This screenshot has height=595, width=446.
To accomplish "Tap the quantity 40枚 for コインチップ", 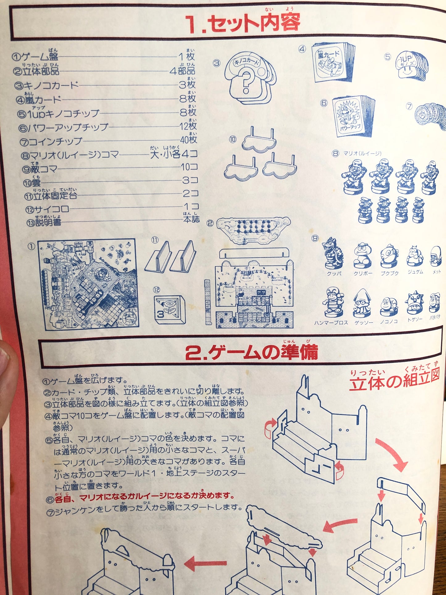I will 188,140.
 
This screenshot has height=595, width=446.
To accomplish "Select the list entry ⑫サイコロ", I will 48,209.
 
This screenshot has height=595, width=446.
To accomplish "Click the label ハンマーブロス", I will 331,323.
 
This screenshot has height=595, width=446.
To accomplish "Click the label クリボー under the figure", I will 363,273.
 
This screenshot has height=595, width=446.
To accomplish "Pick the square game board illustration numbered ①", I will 88,284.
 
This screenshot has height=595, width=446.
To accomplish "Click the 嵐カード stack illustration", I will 333,62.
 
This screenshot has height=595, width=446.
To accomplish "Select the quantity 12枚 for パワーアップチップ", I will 188,126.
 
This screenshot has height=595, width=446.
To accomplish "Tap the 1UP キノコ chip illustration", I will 411,66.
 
